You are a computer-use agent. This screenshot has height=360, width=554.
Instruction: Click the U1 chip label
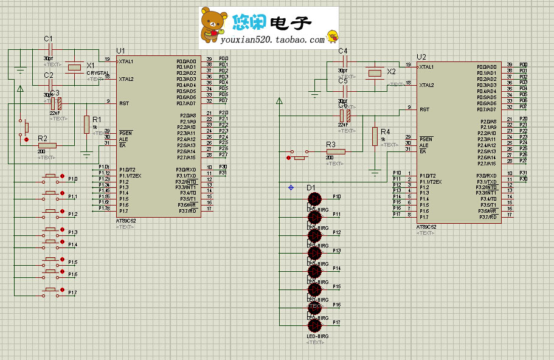pos(120,50)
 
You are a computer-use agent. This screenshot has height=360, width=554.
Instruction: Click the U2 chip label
pos(421,57)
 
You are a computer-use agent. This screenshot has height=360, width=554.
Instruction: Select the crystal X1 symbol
pos(74,66)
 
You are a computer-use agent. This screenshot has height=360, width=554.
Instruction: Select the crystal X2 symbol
pos(374,73)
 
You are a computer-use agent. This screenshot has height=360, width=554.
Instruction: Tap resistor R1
pos(87,124)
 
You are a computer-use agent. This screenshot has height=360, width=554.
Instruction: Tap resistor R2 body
pos(46,145)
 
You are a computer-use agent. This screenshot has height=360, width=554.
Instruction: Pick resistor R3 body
pos(335,151)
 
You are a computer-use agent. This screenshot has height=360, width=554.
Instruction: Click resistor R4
pos(375,136)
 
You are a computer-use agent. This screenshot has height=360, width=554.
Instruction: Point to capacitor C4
pos(344,60)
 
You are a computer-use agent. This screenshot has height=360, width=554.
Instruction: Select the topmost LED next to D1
pos(314,199)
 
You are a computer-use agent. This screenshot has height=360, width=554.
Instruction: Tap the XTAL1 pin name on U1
pos(126,61)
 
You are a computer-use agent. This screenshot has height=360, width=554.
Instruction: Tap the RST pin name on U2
pos(424,109)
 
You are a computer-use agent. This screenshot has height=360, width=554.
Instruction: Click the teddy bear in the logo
pos(213,26)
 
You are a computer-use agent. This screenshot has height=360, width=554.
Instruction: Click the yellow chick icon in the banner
pos(332,36)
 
